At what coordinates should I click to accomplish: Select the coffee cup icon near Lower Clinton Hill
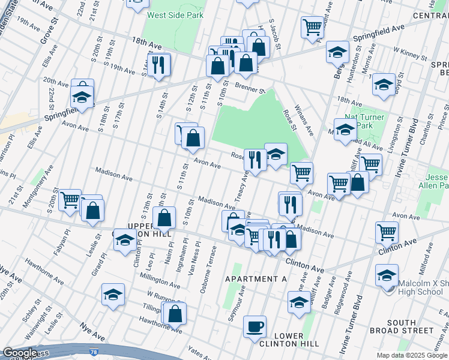255,326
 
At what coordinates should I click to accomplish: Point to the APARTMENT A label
256,280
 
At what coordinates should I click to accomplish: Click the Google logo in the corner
19,353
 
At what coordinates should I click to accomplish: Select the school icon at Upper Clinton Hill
124,241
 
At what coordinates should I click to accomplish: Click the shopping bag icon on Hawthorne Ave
175,313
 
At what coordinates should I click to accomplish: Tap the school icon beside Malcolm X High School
386,275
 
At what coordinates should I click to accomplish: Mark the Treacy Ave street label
244,187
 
